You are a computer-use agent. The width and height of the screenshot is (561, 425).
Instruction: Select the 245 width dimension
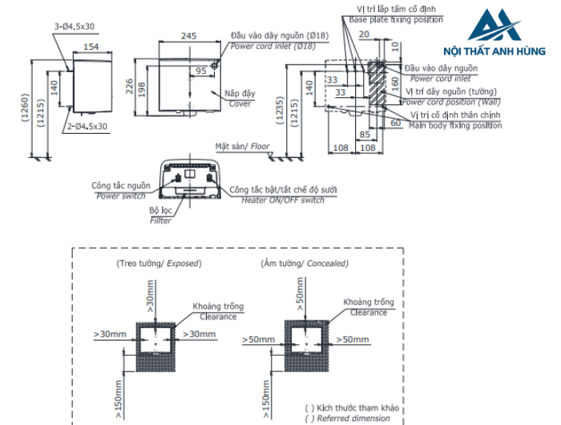pos(188,36)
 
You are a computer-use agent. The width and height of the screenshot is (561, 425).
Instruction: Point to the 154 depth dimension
pos(91,47)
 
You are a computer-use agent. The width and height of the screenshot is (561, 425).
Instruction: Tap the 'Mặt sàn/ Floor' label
pos(243,147)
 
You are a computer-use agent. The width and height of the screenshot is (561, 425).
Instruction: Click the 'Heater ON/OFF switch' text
pos(283,200)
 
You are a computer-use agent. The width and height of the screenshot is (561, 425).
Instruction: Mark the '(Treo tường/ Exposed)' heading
pos(159,263)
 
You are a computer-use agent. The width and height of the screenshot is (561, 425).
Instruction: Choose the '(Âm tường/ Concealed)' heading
pos(304,263)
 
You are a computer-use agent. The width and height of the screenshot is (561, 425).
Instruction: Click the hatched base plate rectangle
pos(376,81)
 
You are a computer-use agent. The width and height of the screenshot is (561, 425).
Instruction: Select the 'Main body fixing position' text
pos(455,125)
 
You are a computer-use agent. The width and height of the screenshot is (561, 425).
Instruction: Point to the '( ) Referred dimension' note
pos(347,418)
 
